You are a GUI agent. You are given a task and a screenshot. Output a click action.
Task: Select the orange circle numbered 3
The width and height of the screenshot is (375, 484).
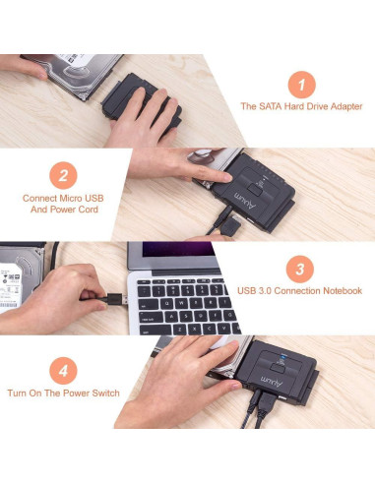[301, 268]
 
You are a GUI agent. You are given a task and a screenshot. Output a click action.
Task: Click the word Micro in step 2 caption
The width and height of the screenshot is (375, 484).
[67, 197]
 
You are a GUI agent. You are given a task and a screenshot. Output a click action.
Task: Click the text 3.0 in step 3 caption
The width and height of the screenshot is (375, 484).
[266, 291]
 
